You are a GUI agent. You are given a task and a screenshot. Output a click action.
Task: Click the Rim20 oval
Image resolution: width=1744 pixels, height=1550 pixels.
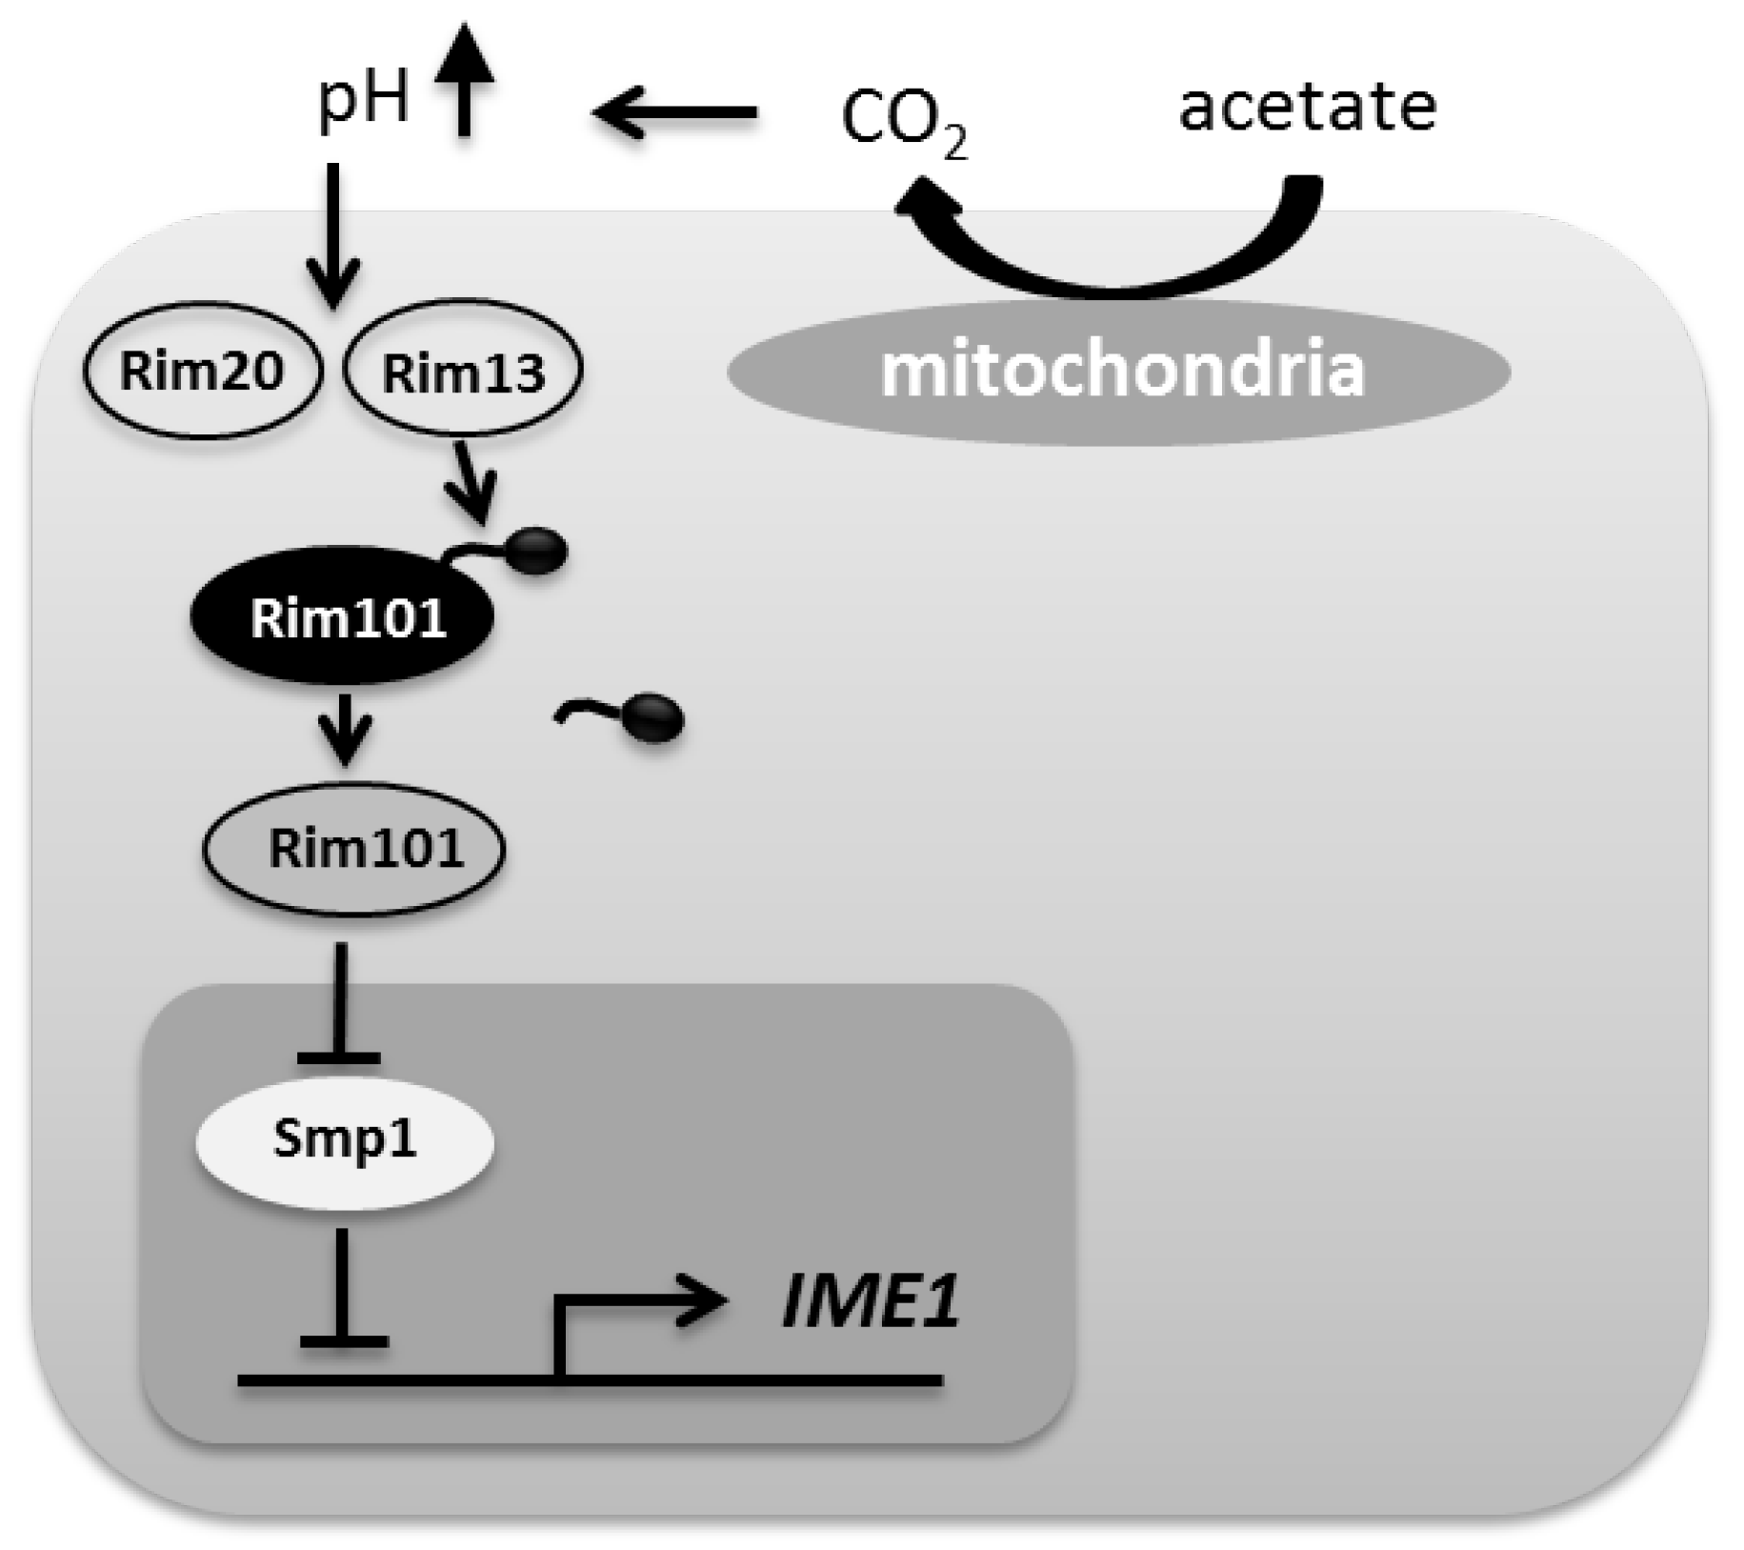(x=202, y=370)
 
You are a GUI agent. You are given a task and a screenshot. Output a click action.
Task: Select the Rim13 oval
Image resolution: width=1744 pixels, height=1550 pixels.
(x=463, y=370)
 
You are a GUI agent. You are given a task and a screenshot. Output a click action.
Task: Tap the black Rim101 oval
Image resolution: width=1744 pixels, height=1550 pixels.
(x=344, y=616)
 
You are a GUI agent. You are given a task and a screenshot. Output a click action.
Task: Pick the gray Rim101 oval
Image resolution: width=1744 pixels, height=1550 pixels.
(x=354, y=848)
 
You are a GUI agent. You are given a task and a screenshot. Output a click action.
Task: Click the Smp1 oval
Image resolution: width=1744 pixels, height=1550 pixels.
(x=345, y=1140)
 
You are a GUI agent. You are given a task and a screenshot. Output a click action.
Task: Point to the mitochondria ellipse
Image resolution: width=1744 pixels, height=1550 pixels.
(x=1119, y=372)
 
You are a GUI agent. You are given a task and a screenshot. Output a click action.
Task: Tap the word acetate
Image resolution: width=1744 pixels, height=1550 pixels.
(x=1308, y=106)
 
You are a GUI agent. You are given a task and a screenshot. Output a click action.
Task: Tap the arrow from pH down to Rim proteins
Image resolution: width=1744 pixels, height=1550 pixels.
(x=332, y=233)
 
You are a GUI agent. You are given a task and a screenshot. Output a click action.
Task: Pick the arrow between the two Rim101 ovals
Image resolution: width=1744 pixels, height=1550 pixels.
(x=345, y=728)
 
